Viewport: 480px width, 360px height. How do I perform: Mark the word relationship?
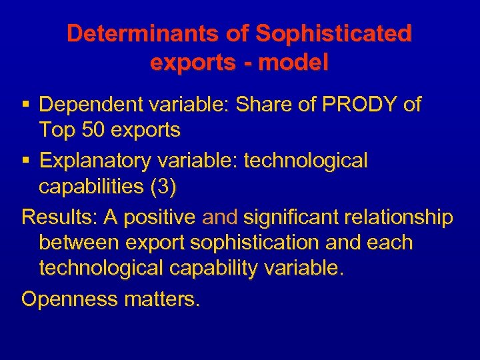[399, 217]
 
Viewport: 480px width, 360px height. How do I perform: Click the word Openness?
[70, 299]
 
